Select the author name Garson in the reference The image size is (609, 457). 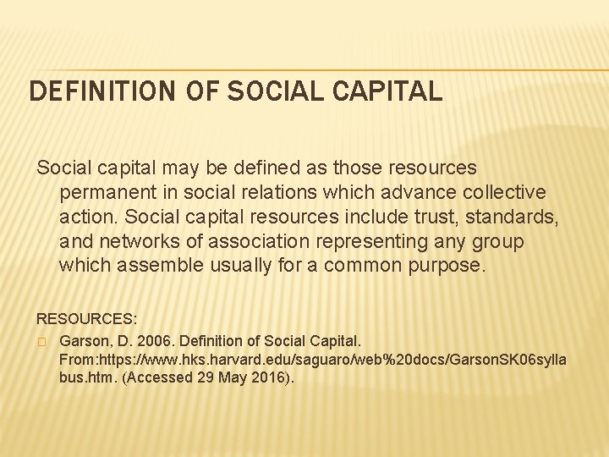[x=86, y=340]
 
